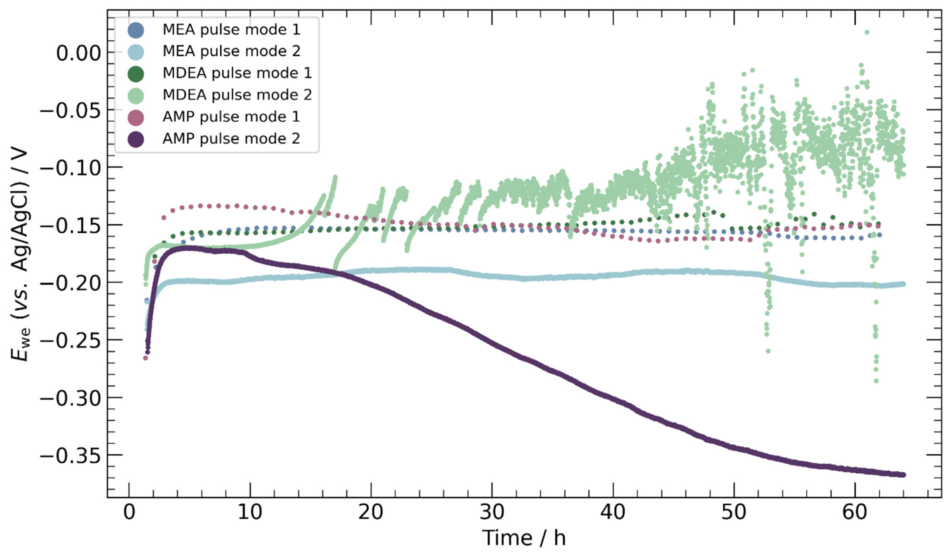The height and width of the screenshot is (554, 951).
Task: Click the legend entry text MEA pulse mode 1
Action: pos(231,29)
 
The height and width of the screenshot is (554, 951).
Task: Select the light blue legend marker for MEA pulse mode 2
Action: pos(136,52)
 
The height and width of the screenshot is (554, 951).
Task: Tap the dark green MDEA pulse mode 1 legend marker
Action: pos(136,73)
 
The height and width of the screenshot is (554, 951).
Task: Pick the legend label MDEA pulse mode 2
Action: pos(237,95)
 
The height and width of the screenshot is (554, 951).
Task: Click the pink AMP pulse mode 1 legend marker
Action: pos(136,117)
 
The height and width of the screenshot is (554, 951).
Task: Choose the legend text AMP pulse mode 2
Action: pos(231,139)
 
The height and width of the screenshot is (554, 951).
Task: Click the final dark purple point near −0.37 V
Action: pos(903,475)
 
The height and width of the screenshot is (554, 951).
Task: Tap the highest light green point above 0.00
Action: pos(867,32)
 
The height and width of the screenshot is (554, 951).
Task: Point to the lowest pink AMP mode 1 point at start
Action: pos(145,358)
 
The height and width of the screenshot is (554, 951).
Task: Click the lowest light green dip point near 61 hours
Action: pos(876,381)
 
